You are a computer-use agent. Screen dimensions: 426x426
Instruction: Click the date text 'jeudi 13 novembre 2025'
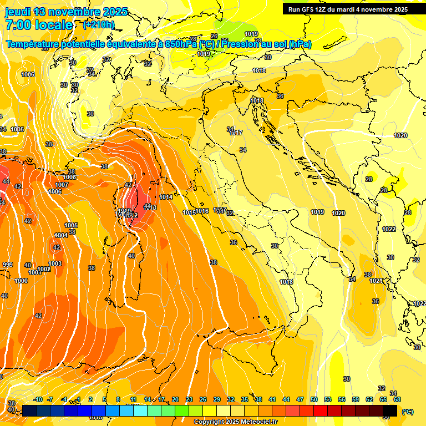click(67, 12)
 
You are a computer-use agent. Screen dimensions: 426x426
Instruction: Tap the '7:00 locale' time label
click(39, 25)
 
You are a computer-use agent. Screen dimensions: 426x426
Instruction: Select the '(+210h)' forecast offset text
click(99, 25)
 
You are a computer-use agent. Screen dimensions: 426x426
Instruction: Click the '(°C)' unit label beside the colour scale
click(407, 412)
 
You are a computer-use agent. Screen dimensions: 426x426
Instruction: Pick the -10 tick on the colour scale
click(38, 399)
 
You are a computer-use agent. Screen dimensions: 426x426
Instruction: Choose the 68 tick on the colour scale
click(397, 399)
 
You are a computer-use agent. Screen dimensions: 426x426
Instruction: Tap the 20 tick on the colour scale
click(175, 399)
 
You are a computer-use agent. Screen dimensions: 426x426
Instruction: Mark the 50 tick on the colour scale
click(314, 399)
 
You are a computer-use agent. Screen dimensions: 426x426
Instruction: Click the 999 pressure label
click(7, 265)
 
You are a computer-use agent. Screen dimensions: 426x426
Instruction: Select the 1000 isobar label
click(21, 281)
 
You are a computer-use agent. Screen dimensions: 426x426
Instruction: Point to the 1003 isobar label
click(55, 263)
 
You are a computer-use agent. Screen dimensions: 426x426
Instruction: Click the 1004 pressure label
click(61, 235)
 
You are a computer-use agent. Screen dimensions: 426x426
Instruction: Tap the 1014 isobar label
click(166, 197)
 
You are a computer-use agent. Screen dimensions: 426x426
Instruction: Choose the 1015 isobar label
click(189, 212)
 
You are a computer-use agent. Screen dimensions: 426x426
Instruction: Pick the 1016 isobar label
click(202, 211)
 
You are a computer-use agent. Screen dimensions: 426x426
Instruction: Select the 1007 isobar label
click(62, 185)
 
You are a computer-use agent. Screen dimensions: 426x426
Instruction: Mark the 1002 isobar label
click(44, 269)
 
